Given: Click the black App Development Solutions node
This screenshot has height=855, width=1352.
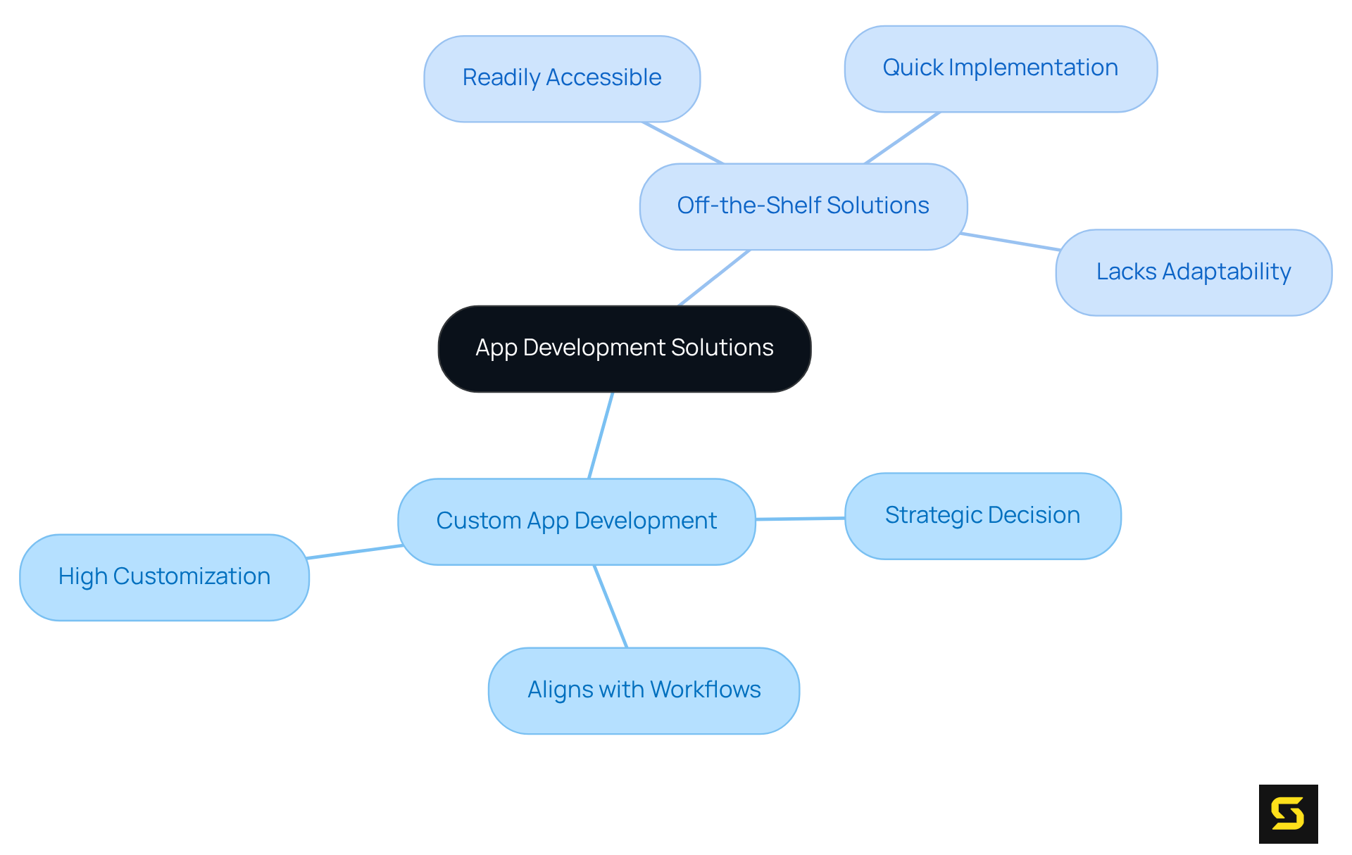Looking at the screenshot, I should pos(624,348).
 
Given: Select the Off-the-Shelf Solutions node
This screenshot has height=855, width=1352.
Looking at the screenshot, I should pos(803,206).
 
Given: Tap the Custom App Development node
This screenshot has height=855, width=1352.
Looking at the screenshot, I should pos(576,521).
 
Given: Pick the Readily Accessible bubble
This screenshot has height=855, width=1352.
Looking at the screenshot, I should pos(561,78).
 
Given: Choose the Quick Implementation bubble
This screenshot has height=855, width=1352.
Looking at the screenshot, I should pos(1000,68).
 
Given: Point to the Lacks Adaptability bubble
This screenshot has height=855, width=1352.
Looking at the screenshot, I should pos(1193,272).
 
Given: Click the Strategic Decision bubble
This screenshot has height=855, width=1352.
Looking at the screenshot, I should pos(982,516).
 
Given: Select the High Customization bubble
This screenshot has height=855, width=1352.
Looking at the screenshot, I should pos(164,577).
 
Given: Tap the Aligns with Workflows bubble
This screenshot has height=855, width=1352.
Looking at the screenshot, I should pos(644,690).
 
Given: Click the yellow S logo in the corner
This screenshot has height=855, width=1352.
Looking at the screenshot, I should pos(1288,813).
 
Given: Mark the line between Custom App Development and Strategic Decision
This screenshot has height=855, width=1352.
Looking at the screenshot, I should pos(800,519).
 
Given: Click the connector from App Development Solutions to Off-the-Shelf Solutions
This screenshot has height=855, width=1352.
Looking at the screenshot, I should pos(714,278).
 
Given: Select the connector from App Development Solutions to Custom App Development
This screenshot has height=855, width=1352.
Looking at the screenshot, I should pos(601,436).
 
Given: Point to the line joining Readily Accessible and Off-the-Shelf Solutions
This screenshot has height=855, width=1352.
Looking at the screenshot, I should pos(682,143).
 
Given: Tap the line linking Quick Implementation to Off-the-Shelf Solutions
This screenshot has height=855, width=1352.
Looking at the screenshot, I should pos(902,138).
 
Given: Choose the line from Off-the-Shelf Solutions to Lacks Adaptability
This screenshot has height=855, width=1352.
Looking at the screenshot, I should pos(1010,241).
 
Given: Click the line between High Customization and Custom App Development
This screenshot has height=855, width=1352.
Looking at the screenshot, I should pos(354,552).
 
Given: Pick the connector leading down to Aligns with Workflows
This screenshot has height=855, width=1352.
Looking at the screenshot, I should pos(611,606).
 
